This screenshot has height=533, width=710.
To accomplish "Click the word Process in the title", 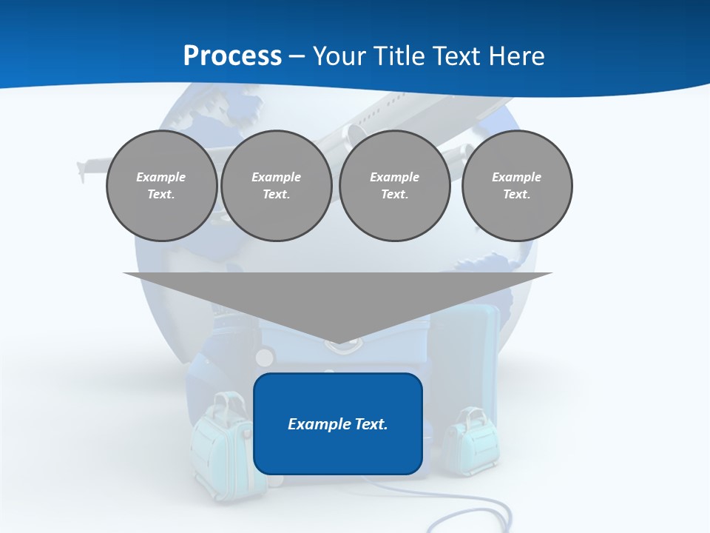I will pyautogui.click(x=232, y=56).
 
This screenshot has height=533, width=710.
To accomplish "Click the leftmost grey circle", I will pyautogui.click(x=161, y=186).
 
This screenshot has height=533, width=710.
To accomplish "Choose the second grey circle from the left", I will pyautogui.click(x=276, y=186).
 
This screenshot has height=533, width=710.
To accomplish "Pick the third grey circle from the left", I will pyautogui.click(x=394, y=186).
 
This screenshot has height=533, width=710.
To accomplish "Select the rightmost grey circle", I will pyautogui.click(x=516, y=186).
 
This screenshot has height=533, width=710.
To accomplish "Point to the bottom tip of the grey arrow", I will pyautogui.click(x=337, y=342).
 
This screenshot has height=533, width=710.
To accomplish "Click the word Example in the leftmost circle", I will pyautogui.click(x=161, y=177).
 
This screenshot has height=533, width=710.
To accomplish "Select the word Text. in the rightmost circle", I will pyautogui.click(x=516, y=195).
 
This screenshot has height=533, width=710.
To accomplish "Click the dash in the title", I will pyautogui.click(x=297, y=56).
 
